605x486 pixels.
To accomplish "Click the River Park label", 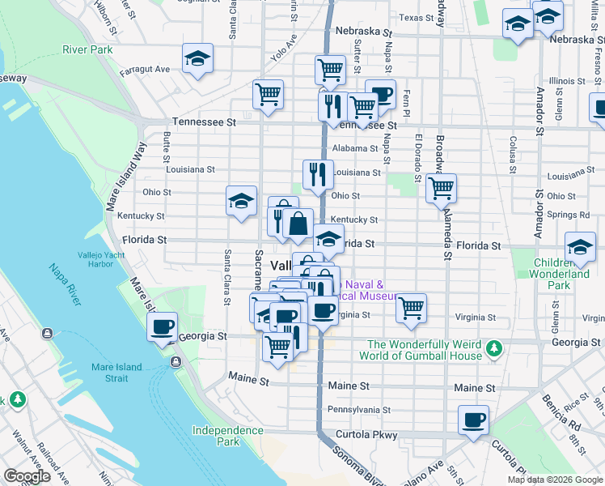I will [x=87, y=49].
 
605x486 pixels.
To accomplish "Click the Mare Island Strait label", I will [x=116, y=373].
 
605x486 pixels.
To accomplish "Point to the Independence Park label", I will [x=216, y=436].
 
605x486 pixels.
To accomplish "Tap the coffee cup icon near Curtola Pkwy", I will [x=473, y=421].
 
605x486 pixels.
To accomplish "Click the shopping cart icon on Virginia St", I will [x=411, y=308].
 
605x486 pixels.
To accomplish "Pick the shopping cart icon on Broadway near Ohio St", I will [x=441, y=190].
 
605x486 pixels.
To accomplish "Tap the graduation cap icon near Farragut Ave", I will [x=197, y=59].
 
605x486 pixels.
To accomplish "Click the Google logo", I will [x=27, y=476].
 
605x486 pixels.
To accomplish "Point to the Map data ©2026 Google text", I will [x=555, y=480].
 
